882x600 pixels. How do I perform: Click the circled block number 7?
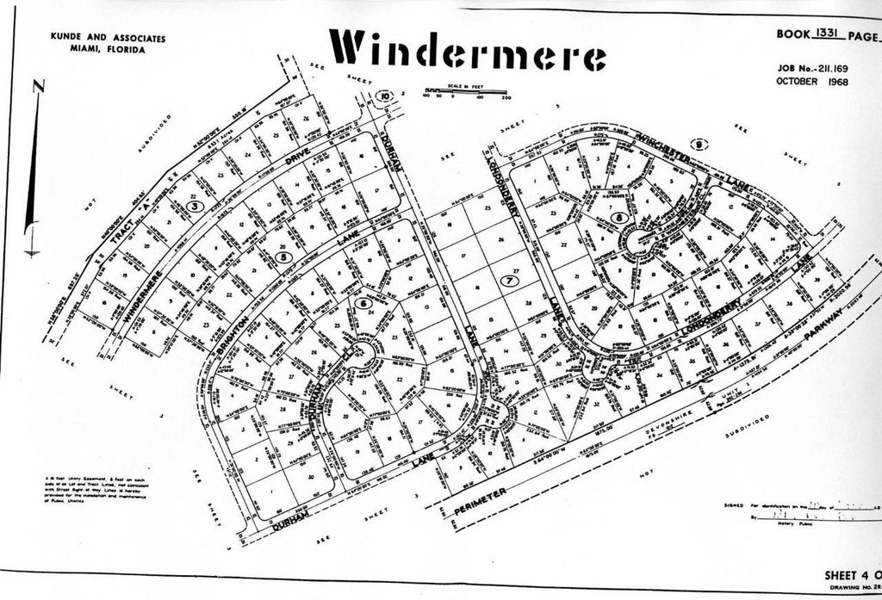click(x=510, y=281)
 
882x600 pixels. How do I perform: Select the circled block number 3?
click(x=196, y=207)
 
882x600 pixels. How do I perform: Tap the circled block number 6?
click(x=363, y=303)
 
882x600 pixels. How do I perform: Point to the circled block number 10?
click(x=386, y=96)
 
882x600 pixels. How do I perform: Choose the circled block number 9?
click(x=699, y=145)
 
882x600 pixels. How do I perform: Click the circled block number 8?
click(x=622, y=218)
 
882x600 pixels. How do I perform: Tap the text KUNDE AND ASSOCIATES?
click(x=109, y=39)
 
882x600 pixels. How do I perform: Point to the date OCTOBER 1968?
click(x=811, y=82)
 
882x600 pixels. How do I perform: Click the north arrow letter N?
click(x=37, y=86)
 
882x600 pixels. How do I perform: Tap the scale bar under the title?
click(x=467, y=91)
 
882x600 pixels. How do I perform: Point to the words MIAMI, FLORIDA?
click(x=109, y=50)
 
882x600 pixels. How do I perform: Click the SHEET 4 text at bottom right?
click(x=849, y=574)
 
